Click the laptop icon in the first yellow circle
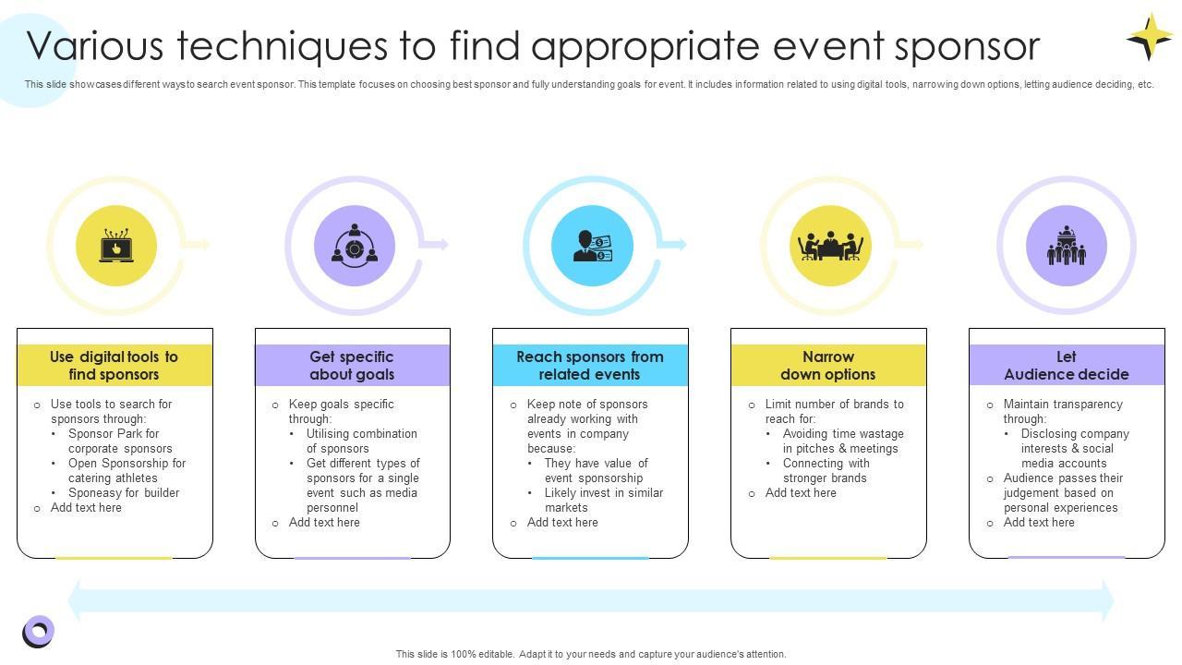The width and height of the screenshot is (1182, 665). [x=116, y=247]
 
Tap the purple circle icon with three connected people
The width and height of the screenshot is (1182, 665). [x=355, y=247]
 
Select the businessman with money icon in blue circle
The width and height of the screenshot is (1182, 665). [x=592, y=247]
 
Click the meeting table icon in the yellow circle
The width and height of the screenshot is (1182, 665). [x=830, y=247]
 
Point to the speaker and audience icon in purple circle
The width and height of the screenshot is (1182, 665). [x=1067, y=247]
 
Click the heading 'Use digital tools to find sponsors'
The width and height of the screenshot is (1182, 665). [x=115, y=366]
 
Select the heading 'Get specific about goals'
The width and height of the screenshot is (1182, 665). [x=352, y=366]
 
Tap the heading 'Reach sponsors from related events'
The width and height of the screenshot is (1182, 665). [x=590, y=366]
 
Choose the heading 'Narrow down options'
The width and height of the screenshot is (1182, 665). [x=828, y=366]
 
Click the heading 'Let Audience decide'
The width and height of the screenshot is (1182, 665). [x=1067, y=366]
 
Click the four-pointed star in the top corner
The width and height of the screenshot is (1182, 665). [x=1150, y=37]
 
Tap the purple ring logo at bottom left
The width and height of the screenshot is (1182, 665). [x=38, y=632]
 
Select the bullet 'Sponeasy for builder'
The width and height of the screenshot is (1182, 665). [x=124, y=493]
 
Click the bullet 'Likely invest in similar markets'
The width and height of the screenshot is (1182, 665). [x=604, y=500]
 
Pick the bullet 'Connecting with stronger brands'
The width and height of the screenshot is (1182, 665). [x=826, y=470]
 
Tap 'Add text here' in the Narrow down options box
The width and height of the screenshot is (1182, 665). [x=801, y=493]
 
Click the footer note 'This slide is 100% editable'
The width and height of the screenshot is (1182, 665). [x=591, y=654]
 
